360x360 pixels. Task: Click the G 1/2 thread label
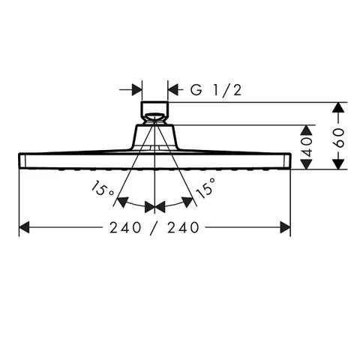216,90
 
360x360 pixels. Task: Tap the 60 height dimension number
340,138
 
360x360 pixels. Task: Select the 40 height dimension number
307,146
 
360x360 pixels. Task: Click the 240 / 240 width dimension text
154,227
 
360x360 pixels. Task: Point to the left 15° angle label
103,189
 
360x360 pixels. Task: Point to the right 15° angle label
205,187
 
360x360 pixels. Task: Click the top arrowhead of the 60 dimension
338,107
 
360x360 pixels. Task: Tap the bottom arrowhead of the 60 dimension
339,164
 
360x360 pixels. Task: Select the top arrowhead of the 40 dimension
307,130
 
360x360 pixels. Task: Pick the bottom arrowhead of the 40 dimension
307,164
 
